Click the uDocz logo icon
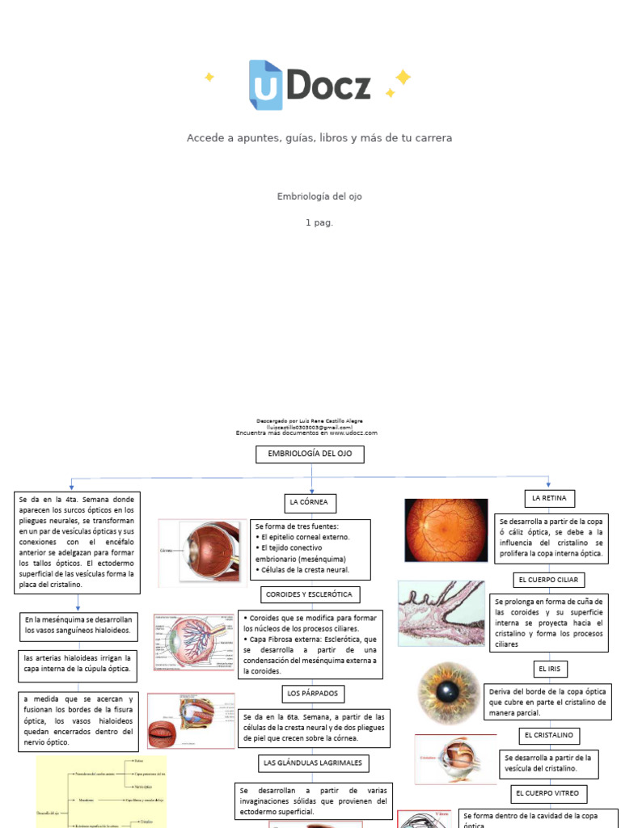[265, 85]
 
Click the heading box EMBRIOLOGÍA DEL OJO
[310, 454]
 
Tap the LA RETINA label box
[549, 497]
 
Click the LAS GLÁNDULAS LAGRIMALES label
[313, 763]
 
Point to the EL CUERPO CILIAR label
[549, 580]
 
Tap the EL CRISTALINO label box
[549, 735]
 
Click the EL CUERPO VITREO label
[549, 793]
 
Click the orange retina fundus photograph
[446, 530]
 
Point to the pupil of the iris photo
[446, 692]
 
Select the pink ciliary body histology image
[441, 613]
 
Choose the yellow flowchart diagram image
[101, 792]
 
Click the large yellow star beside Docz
[402, 78]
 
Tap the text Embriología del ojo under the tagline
[314, 196]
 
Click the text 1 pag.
[319, 222]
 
